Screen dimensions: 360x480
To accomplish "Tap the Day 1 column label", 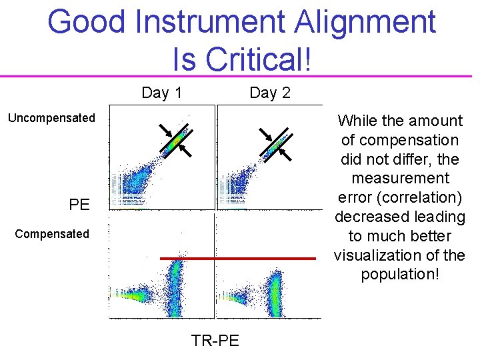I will tap(161, 93).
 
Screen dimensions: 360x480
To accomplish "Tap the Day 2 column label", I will tap(269, 93).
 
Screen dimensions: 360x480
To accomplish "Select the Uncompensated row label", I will tap(51, 118).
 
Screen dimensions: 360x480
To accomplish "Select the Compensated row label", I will tap(51, 233).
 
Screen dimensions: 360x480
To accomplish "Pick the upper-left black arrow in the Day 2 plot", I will tap(265, 133).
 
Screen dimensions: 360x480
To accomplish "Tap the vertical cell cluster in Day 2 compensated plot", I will tap(274, 293).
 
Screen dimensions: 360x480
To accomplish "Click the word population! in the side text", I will tap(400, 274).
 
